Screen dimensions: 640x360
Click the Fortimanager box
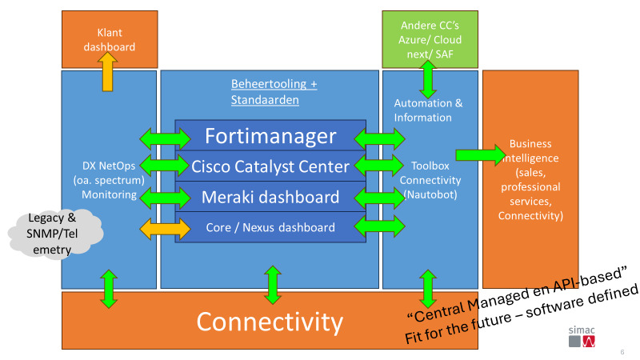270,135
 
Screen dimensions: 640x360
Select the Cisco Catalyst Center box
270,166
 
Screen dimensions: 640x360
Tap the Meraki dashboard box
270,197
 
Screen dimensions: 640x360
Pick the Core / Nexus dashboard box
270,227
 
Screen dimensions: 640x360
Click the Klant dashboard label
110,39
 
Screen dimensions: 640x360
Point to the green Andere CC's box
430,39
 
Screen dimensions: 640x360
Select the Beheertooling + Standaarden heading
274,92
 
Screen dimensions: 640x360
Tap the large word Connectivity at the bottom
270,322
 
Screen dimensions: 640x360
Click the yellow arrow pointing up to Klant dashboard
108,71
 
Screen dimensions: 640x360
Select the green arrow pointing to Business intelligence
481,155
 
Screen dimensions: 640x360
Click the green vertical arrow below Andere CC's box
428,79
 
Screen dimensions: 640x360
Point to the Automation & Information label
428,110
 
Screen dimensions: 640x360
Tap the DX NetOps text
109,166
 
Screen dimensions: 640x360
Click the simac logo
582,336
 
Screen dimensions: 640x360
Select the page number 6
622,352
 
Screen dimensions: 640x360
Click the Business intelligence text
530,179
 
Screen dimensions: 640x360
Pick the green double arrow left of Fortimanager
165,138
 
